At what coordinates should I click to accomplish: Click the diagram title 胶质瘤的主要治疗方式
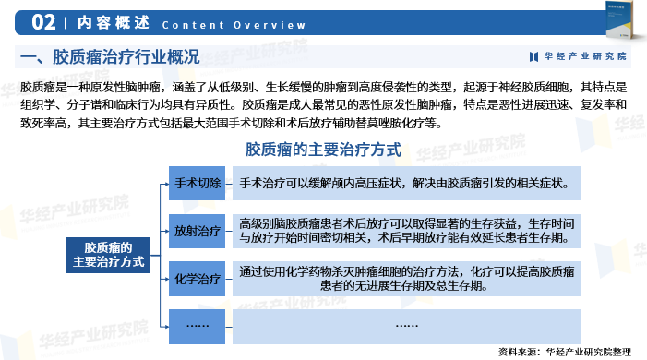coord(323,149)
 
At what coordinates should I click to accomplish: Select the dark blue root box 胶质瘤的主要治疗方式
coord(108,255)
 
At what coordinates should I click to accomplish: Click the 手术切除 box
coord(198,183)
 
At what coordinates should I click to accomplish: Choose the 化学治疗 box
coord(198,278)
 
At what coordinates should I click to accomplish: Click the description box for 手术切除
coord(406,183)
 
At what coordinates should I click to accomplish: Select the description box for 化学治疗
coord(406,278)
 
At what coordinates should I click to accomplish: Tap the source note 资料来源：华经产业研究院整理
coord(564,351)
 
